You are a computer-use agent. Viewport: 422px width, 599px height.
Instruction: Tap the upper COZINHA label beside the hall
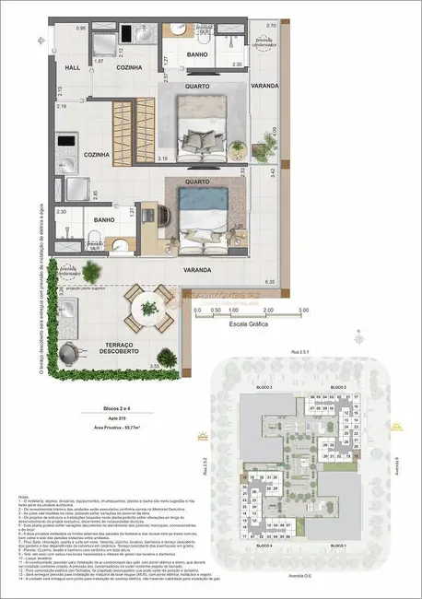tap(128, 67)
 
